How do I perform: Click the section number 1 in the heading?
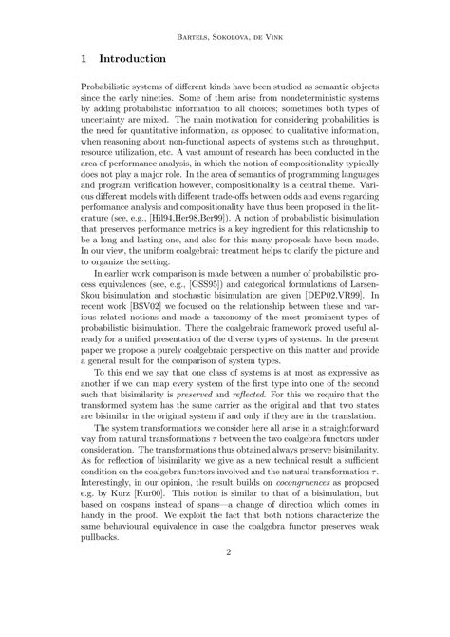[84, 59]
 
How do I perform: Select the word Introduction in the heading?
[141, 59]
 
